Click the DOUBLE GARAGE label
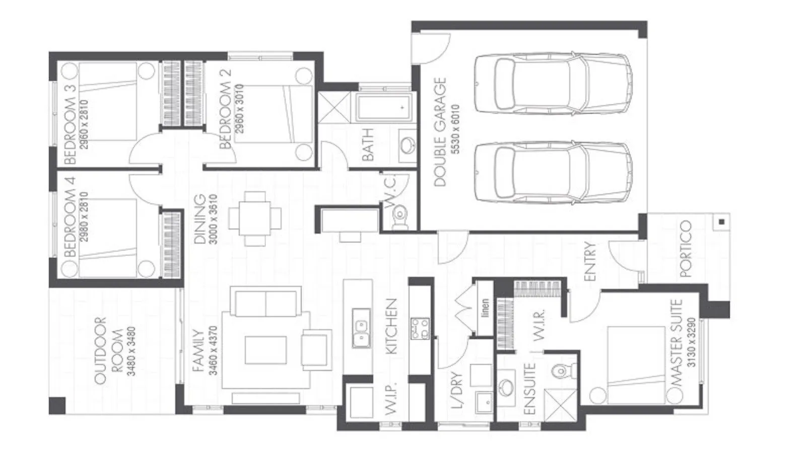440,132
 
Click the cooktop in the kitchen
420,328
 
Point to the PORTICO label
686,249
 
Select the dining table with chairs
254,218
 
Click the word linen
485,309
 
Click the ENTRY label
590,261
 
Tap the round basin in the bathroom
408,145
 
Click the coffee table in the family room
266,350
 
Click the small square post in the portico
722,221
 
